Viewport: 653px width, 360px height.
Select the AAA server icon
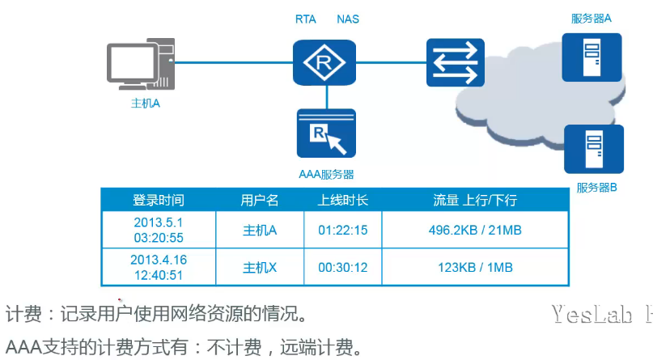click(327, 134)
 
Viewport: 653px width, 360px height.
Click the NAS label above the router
click(348, 19)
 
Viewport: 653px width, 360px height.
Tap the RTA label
click(306, 19)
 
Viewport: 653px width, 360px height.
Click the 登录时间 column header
click(159, 200)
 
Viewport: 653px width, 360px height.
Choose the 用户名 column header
click(260, 200)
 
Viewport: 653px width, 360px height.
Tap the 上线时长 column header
click(342, 200)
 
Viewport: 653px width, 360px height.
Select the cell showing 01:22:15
click(342, 231)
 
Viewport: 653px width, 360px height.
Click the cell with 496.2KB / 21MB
click(475, 231)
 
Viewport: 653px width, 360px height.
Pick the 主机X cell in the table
click(260, 267)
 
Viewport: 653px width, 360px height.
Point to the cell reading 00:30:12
click(342, 267)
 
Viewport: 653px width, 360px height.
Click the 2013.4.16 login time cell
click(159, 267)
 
